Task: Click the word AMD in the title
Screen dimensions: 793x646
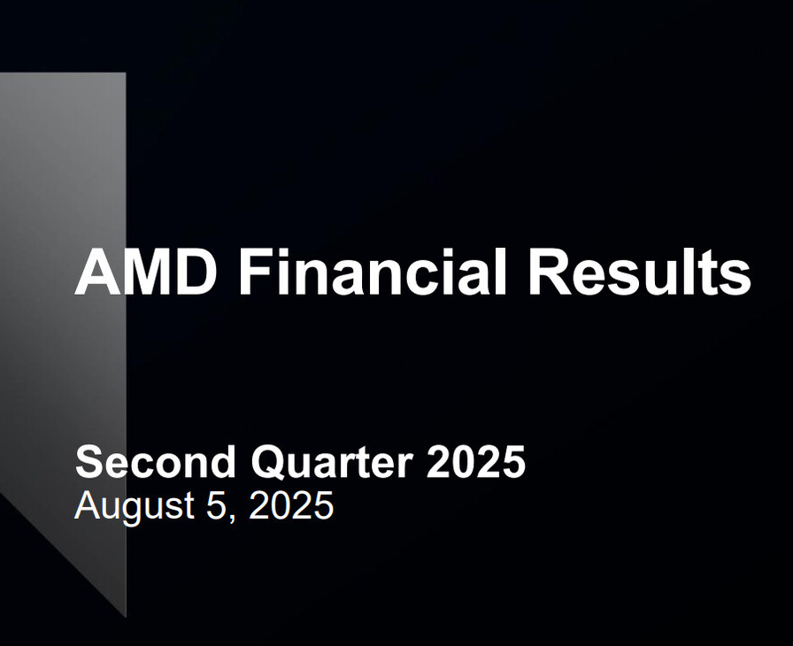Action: [146, 271]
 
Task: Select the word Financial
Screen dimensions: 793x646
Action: [373, 271]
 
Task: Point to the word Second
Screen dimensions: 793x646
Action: [155, 462]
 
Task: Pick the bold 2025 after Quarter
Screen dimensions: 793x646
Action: [476, 461]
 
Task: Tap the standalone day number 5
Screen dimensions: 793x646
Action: [215, 504]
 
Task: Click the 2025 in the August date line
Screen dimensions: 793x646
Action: [291, 504]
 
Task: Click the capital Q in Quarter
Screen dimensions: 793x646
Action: [268, 463]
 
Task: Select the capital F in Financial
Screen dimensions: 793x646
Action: [256, 272]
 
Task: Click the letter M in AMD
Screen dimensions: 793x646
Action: [147, 272]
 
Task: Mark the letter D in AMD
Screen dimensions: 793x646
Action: [196, 272]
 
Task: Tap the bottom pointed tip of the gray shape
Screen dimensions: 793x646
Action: [126, 617]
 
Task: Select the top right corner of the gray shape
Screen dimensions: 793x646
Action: [126, 73]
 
